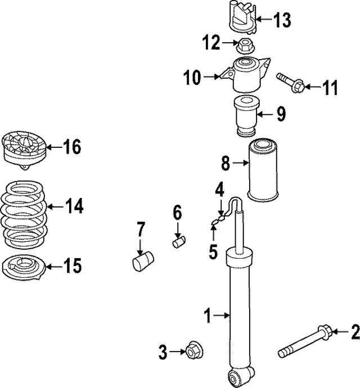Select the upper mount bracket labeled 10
[x=247, y=75]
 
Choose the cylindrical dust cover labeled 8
[x=263, y=170]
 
